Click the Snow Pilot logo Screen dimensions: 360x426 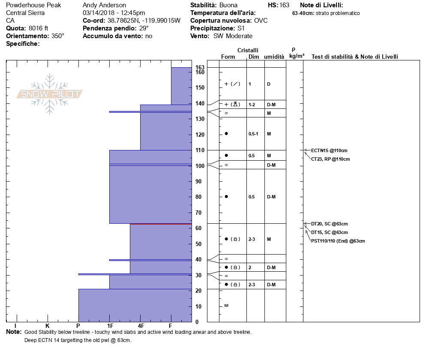[50, 94]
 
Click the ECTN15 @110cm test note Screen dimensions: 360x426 [329, 150]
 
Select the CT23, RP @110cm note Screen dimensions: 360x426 [330, 159]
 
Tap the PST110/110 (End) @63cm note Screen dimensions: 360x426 [338, 241]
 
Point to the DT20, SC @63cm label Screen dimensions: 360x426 [329, 224]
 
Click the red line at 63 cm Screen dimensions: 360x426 [161, 224]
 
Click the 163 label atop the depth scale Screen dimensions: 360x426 [200, 67]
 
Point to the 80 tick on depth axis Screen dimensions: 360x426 [198, 197]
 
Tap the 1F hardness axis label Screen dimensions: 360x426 [110, 326]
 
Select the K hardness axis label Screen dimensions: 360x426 [48, 326]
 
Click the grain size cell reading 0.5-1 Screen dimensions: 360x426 [253, 134]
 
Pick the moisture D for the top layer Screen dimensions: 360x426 [268, 84]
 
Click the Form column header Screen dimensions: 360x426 [228, 57]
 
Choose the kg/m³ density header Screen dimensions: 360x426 [297, 56]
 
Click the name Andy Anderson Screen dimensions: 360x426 [104, 5]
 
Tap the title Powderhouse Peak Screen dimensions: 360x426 [33, 5]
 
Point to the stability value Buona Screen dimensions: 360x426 [228, 5]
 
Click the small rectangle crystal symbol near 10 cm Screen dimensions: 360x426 [226, 305]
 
